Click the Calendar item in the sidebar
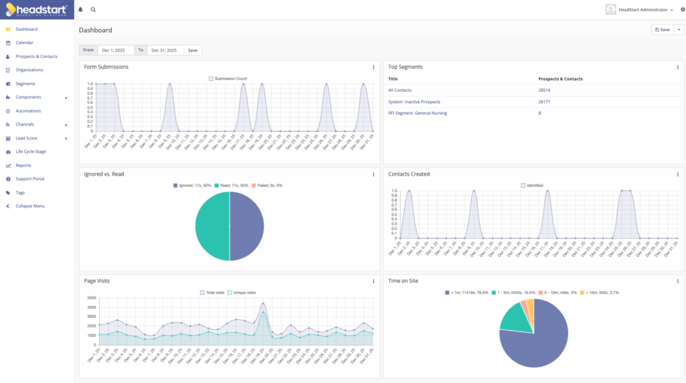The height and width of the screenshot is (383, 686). (24, 43)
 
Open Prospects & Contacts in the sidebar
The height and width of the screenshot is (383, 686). (36, 56)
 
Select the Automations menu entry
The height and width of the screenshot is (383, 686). (28, 111)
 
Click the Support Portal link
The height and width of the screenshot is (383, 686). (29, 179)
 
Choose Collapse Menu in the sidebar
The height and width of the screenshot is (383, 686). (30, 206)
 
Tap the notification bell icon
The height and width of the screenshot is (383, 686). (81, 10)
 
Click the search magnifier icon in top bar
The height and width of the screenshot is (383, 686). (93, 10)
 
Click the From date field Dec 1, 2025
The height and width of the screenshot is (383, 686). (116, 50)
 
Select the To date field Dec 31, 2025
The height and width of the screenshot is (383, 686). (165, 50)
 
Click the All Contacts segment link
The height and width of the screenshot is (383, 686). (399, 90)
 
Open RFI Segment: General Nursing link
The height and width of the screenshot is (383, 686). (417, 113)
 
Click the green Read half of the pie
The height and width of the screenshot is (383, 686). (212, 226)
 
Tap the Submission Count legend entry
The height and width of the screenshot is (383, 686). (228, 78)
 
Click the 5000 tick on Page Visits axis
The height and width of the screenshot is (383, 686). (91, 297)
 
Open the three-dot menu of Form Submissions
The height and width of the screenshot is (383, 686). (373, 67)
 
